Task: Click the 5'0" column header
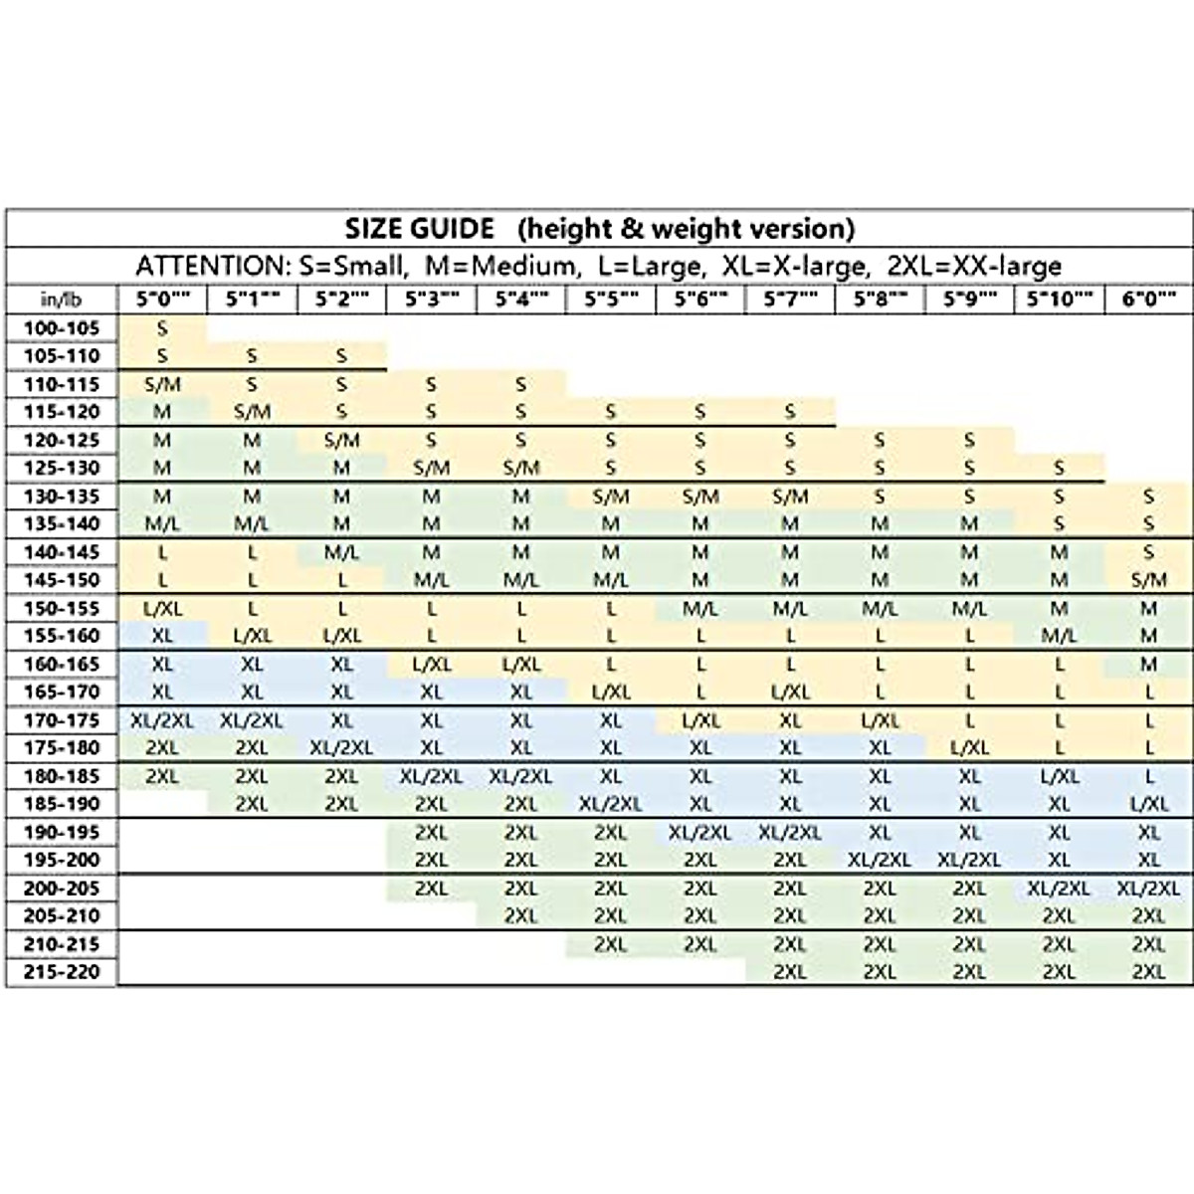pyautogui.click(x=162, y=299)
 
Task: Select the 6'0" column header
pyautogui.click(x=1148, y=299)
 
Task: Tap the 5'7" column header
pyautogui.click(x=789, y=299)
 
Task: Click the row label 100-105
pyautogui.click(x=62, y=327)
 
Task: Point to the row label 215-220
pyautogui.click(x=62, y=972)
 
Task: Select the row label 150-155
pyautogui.click(x=62, y=608)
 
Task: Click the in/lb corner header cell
pyautogui.click(x=62, y=299)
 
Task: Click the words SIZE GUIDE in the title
pyautogui.click(x=419, y=229)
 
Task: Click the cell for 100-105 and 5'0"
pyautogui.click(x=162, y=327)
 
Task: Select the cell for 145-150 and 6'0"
pyautogui.click(x=1148, y=580)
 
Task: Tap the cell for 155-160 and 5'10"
pyautogui.click(x=1059, y=636)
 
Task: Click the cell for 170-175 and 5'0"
pyautogui.click(x=162, y=720)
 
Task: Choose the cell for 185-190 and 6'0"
pyautogui.click(x=1148, y=804)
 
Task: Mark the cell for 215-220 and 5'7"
pyautogui.click(x=789, y=972)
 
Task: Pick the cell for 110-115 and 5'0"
pyautogui.click(x=162, y=384)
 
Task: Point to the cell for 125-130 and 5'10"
pyautogui.click(x=1059, y=468)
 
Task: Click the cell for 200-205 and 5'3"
pyautogui.click(x=431, y=889)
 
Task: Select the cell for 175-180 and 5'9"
pyautogui.click(x=969, y=748)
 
